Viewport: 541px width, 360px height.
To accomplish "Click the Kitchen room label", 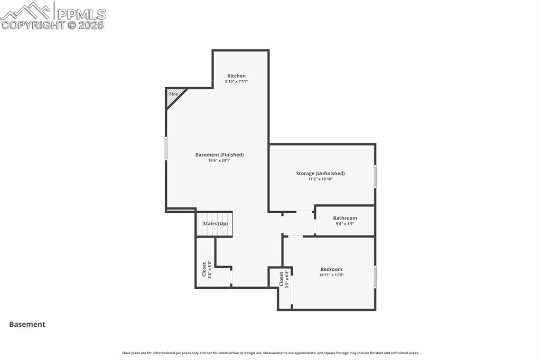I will coord(236,76).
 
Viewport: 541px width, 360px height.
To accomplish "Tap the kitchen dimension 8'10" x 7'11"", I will coord(236,82).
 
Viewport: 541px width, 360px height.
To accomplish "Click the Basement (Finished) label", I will coord(219,155).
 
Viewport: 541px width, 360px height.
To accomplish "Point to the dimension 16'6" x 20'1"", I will coord(219,160).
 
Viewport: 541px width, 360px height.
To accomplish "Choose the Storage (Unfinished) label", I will coord(320,173).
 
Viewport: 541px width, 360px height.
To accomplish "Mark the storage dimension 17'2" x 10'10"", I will coord(320,179).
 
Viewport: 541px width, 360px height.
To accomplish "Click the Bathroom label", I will coord(344,218).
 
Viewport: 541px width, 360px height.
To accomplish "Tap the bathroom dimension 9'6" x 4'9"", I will coord(344,224).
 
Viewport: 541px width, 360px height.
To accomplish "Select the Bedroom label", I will coord(331,269).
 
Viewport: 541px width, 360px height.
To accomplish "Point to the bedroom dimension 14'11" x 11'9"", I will coord(331,275).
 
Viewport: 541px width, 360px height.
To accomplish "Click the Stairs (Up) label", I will coord(215,224).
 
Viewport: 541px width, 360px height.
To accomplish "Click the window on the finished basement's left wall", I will coord(166,148).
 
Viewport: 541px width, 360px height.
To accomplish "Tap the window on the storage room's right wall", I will coord(375,176).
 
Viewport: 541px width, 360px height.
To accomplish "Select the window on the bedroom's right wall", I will coord(375,277).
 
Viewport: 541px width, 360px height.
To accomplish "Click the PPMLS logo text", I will coord(81,14).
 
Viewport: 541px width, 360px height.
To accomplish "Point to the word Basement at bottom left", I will coord(27,325).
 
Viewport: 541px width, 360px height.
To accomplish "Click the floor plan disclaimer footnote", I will coord(270,353).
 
